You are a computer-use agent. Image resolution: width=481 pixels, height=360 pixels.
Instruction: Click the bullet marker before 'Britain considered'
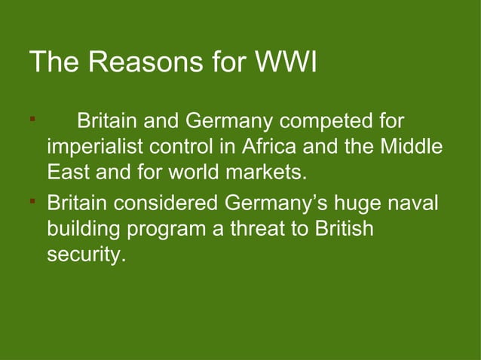[x=32, y=201]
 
